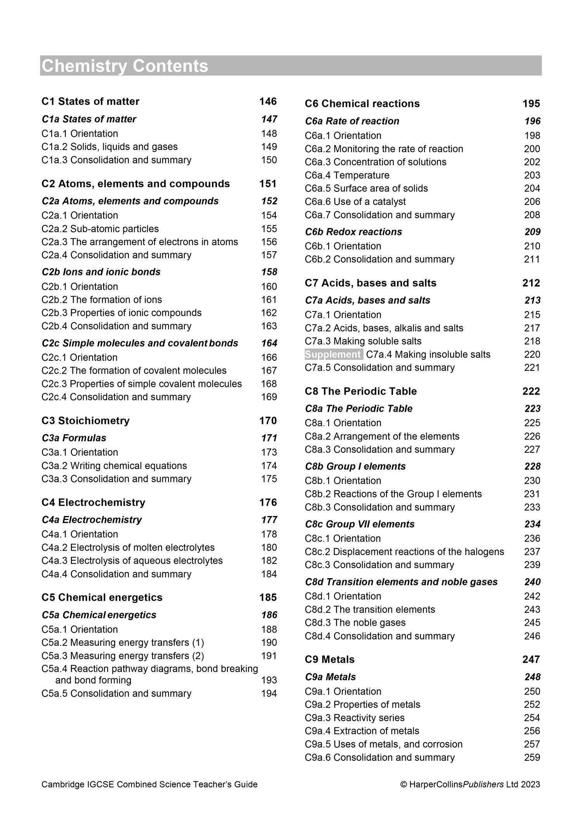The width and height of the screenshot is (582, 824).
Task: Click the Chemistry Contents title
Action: [x=125, y=66]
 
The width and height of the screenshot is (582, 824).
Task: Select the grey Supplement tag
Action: [x=333, y=355]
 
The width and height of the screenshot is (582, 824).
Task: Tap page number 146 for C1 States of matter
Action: [x=268, y=101]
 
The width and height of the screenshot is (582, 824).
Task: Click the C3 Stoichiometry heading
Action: [x=85, y=421]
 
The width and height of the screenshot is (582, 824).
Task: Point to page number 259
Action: [x=532, y=758]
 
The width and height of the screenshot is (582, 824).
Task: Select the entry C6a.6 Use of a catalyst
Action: [x=355, y=202]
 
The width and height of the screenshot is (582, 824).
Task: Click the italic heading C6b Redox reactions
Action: [x=353, y=232]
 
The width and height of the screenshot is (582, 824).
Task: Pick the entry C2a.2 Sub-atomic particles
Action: [x=100, y=229]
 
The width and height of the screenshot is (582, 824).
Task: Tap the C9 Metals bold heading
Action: [x=329, y=659]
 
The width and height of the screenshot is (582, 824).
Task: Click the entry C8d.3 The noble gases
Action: [x=355, y=622]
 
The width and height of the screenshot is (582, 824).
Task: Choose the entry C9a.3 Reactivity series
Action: [x=355, y=718]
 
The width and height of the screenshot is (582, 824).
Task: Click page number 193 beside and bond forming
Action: [x=269, y=680]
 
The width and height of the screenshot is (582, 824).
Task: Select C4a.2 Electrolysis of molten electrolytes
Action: [x=128, y=548]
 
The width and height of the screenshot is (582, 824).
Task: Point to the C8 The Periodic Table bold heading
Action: [x=360, y=391]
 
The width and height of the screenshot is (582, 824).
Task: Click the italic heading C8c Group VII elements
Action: [x=360, y=524]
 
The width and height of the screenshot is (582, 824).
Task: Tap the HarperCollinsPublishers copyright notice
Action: [x=470, y=784]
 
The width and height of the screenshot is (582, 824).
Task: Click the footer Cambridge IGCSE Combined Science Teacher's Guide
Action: [x=149, y=784]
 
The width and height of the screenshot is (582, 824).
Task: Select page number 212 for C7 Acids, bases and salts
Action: [x=531, y=283]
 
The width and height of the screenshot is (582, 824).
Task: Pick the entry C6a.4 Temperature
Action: [x=347, y=175]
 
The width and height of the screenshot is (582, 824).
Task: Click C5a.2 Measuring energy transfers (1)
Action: [x=123, y=643]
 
